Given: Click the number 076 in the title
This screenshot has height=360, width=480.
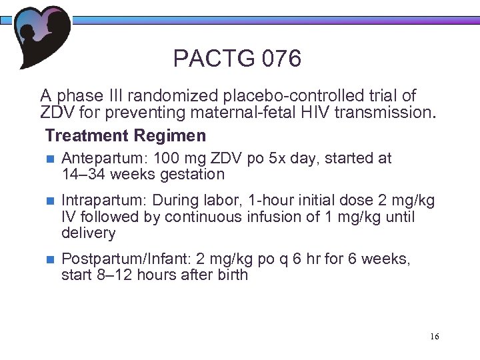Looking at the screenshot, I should pos(282,59).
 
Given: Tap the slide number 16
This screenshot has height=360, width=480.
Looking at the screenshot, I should pos(434,337).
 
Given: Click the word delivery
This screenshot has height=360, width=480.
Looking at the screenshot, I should pos(88,233).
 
